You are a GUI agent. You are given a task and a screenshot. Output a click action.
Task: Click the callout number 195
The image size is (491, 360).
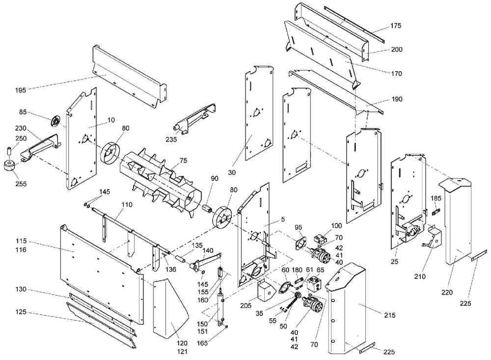point(21,90)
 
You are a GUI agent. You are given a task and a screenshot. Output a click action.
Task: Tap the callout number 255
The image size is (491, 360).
point(21,184)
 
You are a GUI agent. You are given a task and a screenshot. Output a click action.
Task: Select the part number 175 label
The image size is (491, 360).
point(395,26)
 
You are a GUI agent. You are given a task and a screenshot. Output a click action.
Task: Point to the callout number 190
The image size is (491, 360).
point(397,99)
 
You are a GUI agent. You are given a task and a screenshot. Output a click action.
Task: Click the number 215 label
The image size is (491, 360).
point(389,315)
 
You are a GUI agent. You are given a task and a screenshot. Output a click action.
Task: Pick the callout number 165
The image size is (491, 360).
point(202,343)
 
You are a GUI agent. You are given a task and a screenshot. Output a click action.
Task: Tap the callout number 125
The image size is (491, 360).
point(21,312)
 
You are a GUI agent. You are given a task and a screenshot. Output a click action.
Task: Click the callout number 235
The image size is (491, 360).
point(171,139)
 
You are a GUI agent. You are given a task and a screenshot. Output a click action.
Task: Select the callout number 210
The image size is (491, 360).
point(420,277)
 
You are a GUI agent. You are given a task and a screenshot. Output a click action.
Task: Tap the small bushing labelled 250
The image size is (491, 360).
point(9,150)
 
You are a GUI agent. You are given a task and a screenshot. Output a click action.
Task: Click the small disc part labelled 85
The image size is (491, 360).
point(55,121)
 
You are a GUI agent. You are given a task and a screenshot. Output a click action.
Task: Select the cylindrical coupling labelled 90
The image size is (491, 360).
point(207,209)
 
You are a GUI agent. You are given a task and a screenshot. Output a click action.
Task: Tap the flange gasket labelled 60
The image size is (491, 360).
point(285,288)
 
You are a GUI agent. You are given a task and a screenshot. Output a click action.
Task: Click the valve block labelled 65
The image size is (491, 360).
point(316,283)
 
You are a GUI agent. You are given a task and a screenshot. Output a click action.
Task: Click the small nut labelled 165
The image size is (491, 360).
point(226,327)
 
